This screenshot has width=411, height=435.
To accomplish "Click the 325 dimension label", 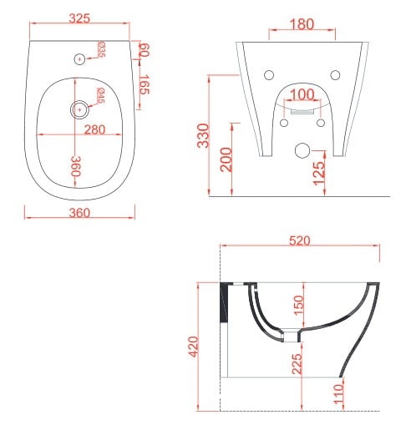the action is click(x=79, y=18).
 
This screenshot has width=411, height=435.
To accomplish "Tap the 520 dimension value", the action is click(x=300, y=240).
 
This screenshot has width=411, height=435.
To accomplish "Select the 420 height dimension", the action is click(x=194, y=346).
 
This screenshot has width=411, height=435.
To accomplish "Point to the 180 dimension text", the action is click(x=302, y=24).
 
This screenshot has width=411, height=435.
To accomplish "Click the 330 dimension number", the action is click(x=203, y=135).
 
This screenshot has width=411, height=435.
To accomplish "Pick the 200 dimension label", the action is click(x=226, y=159).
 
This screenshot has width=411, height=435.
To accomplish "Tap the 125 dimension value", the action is click(x=319, y=174).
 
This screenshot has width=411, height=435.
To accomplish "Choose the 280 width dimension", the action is click(x=94, y=129).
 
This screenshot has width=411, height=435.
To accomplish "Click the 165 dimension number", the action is click(x=145, y=84).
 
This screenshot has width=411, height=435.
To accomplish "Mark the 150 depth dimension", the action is click(x=298, y=305).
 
